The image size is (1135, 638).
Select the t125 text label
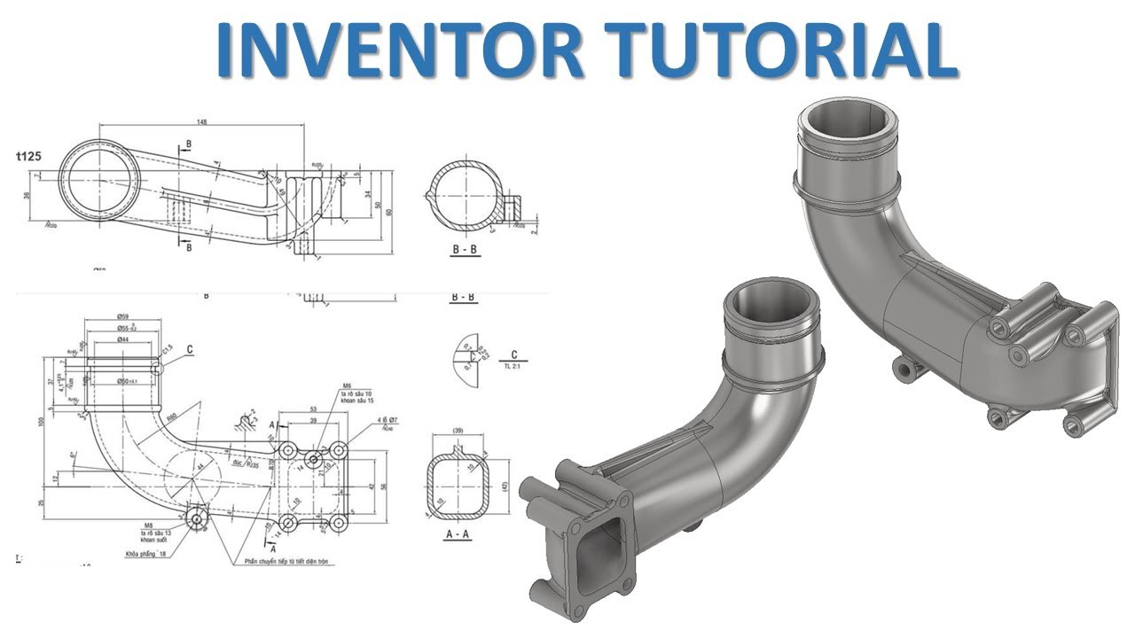coord(32,156)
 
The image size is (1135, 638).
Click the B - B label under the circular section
coord(465,250)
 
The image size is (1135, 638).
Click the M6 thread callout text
coord(348,385)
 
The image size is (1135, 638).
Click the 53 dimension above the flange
coord(313,409)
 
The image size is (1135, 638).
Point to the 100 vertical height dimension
coord(41,420)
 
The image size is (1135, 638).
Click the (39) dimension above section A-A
coord(457,431)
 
